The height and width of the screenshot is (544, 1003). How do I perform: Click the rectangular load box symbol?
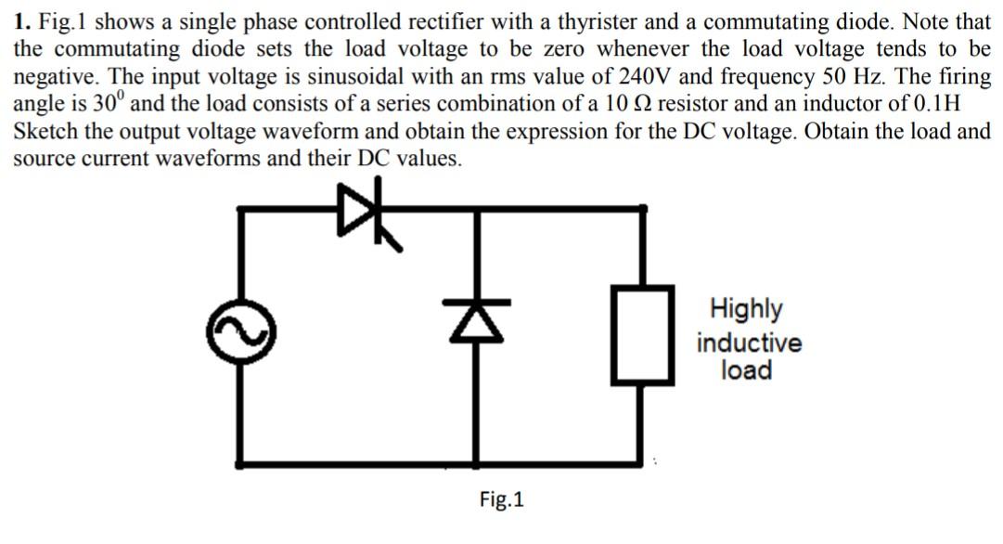640,334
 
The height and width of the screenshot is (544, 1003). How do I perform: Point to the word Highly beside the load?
746,309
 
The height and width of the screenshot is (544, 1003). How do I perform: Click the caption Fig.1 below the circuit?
502,500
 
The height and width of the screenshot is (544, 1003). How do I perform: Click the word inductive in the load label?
749,343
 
